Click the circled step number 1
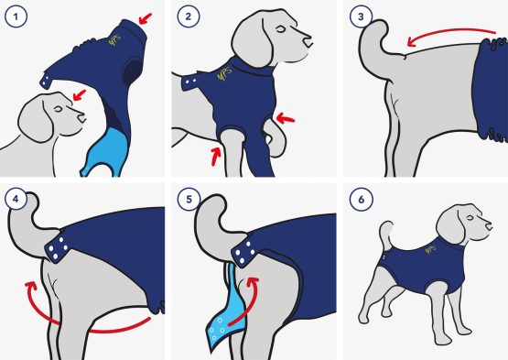pos(16,16)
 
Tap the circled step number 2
pos(189,16)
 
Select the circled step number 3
pos(361,16)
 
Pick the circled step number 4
pos(16,199)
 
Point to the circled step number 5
pos(189,199)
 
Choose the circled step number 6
pos(362,199)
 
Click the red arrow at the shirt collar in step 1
pos(146,18)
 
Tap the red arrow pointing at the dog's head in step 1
pos(80,95)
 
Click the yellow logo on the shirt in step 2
pos(224,74)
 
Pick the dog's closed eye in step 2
pos(281,30)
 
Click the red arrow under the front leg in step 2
pos(216,156)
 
